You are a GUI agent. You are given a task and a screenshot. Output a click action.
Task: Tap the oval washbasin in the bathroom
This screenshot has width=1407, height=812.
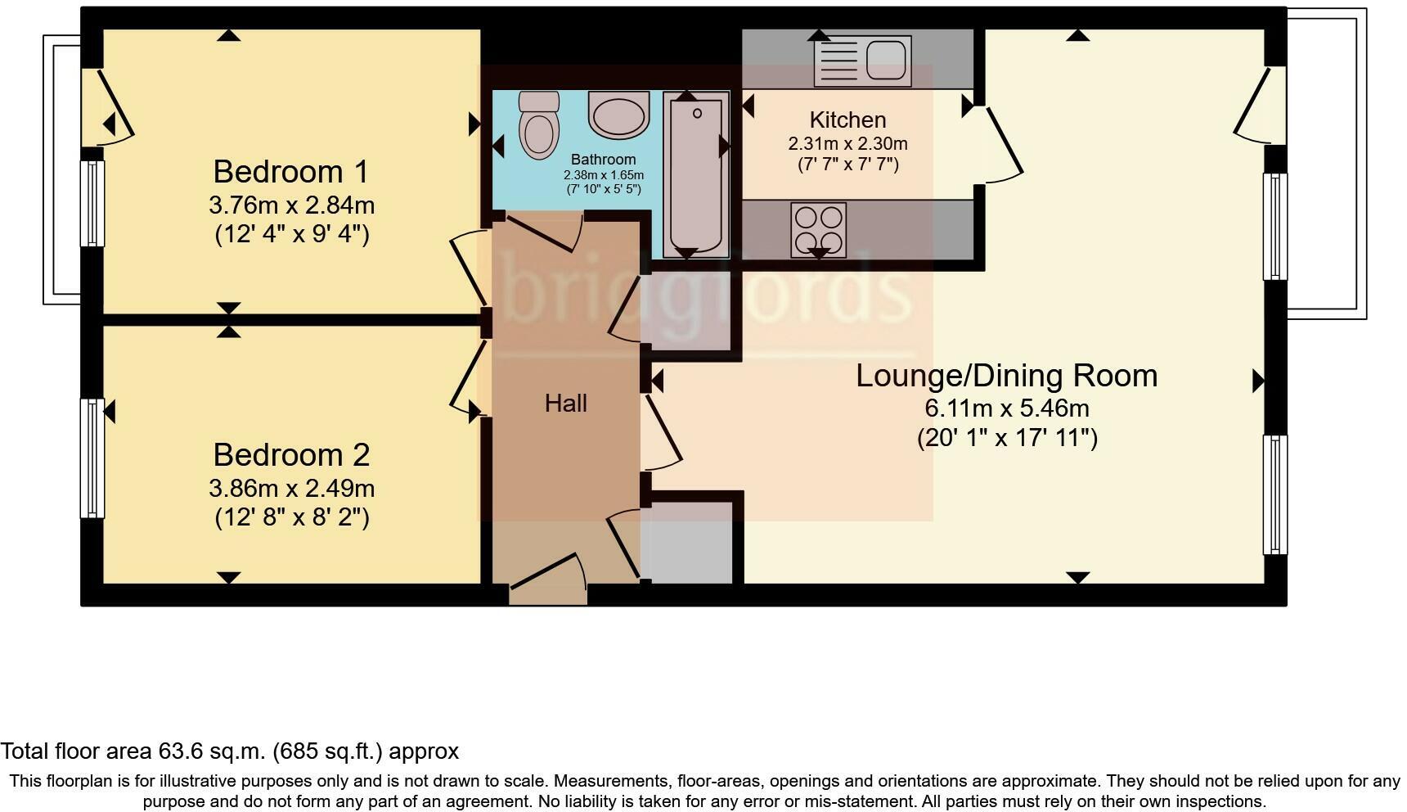(619, 115)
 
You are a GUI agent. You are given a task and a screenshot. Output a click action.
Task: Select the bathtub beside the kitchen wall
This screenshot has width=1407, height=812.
(695, 174)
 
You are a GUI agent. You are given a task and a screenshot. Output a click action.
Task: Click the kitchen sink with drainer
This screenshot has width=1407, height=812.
(862, 61)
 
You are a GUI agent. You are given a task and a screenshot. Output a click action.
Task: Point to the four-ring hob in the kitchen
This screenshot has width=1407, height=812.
(819, 229)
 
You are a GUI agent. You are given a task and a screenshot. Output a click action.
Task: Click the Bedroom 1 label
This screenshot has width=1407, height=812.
(290, 172)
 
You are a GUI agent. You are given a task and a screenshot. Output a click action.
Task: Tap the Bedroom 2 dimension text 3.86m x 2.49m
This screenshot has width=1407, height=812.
(291, 489)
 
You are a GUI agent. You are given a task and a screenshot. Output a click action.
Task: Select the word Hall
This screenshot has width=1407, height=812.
(565, 403)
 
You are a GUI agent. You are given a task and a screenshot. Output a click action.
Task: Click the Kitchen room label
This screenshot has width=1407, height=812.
(847, 120)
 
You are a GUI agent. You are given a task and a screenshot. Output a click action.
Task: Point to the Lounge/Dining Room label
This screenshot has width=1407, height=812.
(1006, 376)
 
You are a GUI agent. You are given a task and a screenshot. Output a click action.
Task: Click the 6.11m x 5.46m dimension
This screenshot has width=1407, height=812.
(1006, 408)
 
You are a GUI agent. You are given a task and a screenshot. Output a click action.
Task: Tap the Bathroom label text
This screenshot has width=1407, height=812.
(603, 160)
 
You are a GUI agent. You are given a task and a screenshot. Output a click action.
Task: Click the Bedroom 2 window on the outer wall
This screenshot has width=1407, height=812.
(92, 458)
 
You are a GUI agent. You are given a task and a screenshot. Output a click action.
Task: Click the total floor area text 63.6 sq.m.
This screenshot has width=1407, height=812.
(229, 751)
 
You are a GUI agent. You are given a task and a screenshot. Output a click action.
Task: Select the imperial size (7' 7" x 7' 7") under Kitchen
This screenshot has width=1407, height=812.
(847, 165)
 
